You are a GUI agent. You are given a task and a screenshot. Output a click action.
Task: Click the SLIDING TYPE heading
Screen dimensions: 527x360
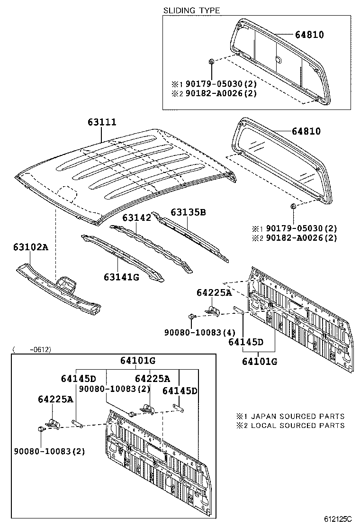coord(191,10)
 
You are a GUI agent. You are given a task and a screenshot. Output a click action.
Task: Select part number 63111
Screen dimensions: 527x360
coord(101,122)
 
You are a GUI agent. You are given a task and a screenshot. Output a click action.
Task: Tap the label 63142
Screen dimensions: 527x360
coord(136,218)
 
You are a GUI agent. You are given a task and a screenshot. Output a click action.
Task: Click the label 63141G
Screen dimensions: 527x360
coord(121,276)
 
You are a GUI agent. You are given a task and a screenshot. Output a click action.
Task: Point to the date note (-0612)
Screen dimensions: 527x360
coord(32,350)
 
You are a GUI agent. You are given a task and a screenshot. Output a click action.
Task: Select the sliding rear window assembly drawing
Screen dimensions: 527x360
coord(279,62)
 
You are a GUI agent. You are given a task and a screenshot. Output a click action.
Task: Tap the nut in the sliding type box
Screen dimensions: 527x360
coord(212,62)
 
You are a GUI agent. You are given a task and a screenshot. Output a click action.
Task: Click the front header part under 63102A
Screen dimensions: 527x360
coord(59,289)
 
